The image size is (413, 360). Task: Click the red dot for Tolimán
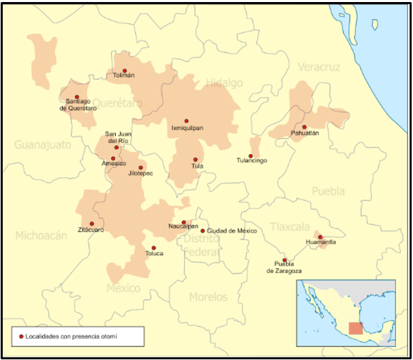[x=124, y=70]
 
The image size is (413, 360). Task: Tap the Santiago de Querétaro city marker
[x=77, y=97]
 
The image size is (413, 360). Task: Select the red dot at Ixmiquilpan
[x=186, y=121]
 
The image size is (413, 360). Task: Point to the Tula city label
[x=197, y=166]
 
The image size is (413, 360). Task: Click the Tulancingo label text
[x=251, y=161]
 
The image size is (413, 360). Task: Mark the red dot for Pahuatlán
[x=305, y=127]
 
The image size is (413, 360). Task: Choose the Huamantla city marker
[x=320, y=237]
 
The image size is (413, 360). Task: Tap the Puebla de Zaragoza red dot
[x=285, y=260]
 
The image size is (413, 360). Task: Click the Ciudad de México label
[x=232, y=231]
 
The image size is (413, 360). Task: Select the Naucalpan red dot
[x=183, y=222]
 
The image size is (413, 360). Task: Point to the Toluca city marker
[x=153, y=247]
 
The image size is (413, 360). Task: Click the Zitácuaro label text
[x=91, y=230]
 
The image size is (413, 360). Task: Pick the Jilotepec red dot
[x=141, y=167]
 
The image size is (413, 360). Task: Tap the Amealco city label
[x=114, y=164]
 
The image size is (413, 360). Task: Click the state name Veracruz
[x=318, y=66]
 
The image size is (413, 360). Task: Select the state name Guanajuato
[x=42, y=145]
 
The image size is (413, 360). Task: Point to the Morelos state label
[x=209, y=297]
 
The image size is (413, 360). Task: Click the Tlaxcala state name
[x=290, y=226]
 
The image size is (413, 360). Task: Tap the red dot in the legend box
[x=21, y=336]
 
